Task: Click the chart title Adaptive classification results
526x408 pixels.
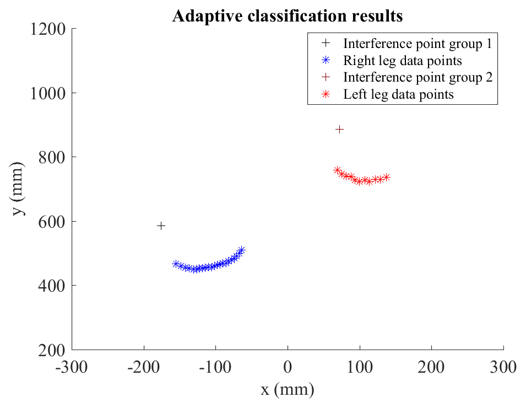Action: tap(287, 16)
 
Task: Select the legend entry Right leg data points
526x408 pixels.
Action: tap(402, 60)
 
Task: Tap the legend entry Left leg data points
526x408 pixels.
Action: tap(398, 94)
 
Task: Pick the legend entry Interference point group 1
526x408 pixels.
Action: tap(417, 43)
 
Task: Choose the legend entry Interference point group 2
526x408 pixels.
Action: tap(417, 77)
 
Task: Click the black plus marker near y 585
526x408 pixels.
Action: tap(161, 226)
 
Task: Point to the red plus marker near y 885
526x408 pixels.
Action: tap(340, 129)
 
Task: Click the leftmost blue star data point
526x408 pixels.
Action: tap(176, 264)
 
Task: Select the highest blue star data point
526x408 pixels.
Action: tap(241, 250)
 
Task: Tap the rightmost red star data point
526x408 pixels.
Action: tap(387, 177)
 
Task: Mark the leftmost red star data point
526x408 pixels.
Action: tap(337, 170)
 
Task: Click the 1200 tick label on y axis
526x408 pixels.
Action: tap(47, 29)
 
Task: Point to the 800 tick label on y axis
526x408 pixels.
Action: tap(52, 157)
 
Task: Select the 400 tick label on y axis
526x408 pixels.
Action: tap(52, 286)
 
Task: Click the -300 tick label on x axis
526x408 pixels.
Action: tap(72, 366)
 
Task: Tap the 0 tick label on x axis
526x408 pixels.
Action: tap(288, 366)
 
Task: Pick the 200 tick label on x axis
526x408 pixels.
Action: tap(431, 366)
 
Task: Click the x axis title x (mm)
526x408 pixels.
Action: tap(288, 390)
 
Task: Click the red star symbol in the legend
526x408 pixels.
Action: tap(326, 94)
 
